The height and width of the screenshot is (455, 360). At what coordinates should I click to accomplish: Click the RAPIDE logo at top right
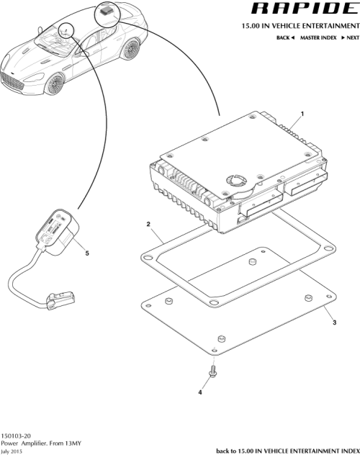tap(303, 9)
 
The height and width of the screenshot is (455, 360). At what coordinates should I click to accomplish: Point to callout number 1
tap(302, 114)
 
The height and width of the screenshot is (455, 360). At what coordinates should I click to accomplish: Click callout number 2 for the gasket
tap(148, 225)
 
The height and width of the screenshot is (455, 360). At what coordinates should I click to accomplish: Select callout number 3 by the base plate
tap(333, 323)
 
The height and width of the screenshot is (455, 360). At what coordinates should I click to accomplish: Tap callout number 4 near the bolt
tap(200, 393)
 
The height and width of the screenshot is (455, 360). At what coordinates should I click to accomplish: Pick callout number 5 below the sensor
tap(87, 253)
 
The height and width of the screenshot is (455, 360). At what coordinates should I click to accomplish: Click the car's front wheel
tap(55, 85)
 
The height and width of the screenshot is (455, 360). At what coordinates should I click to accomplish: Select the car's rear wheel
tap(130, 50)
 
